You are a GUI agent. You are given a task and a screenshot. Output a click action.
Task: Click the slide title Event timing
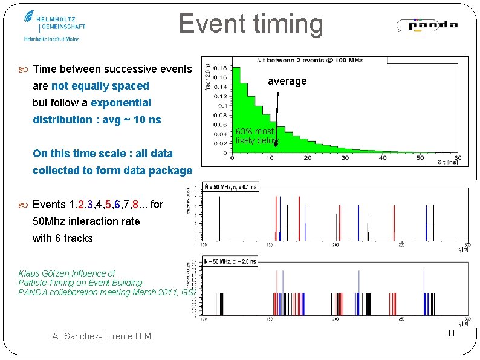251,24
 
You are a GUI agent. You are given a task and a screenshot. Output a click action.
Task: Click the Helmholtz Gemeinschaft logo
55,24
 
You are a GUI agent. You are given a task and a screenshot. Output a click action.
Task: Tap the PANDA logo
427,25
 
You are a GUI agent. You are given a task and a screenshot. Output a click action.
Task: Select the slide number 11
450,335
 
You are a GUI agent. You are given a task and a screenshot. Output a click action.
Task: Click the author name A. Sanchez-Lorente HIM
101,336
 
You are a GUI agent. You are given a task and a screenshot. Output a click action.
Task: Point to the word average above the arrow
287,81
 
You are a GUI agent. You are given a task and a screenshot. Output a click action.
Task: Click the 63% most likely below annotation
257,136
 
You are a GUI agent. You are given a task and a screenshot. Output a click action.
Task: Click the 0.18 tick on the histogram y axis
222,67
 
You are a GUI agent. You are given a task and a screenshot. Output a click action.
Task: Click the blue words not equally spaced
100,86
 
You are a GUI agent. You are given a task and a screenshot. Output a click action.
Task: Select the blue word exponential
121,103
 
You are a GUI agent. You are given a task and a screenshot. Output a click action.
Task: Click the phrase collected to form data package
112,171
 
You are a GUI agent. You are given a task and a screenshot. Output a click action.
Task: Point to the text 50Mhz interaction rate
86,221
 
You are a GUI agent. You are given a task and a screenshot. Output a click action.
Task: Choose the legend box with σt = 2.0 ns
230,262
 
